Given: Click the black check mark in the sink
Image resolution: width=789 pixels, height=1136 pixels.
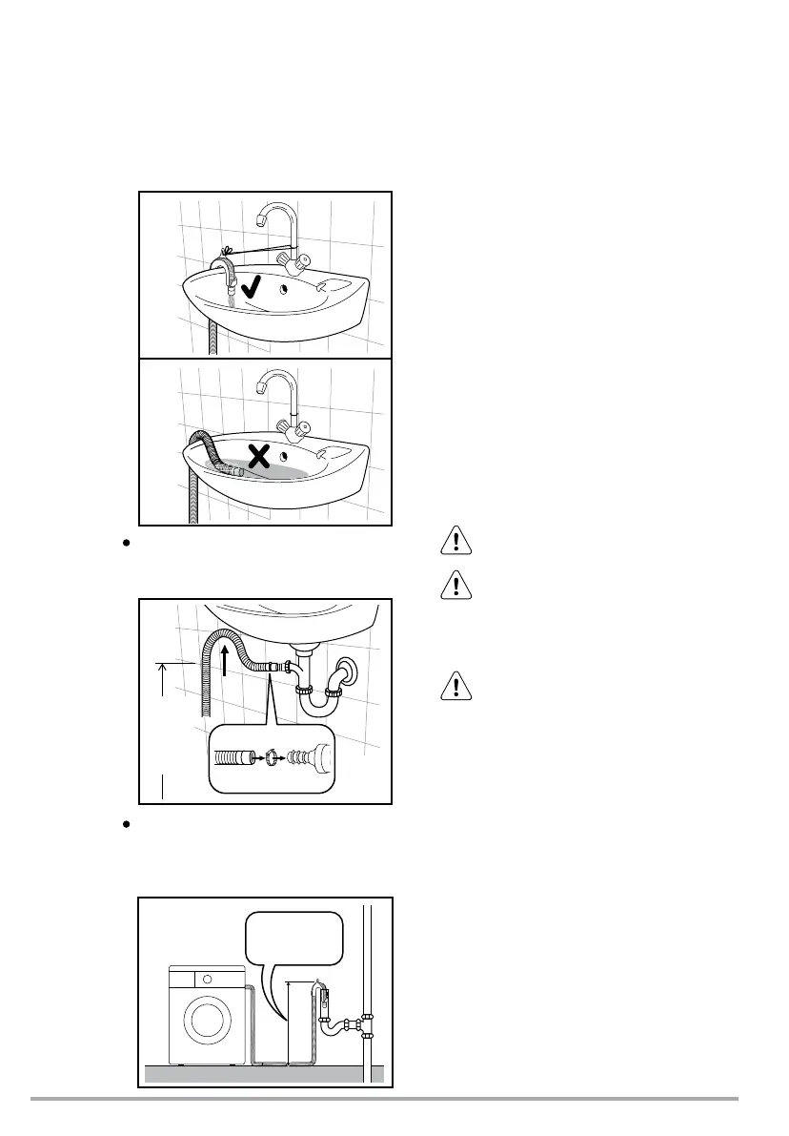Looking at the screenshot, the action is (x=253, y=287).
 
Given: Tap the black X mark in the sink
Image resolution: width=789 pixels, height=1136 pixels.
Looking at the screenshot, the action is (x=258, y=458).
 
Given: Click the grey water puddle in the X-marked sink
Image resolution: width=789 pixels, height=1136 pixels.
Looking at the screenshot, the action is (x=286, y=471).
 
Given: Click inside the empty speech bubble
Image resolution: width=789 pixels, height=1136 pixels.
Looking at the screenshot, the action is (x=293, y=939).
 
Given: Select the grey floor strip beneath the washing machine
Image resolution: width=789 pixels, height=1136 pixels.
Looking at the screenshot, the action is (x=263, y=1074).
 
